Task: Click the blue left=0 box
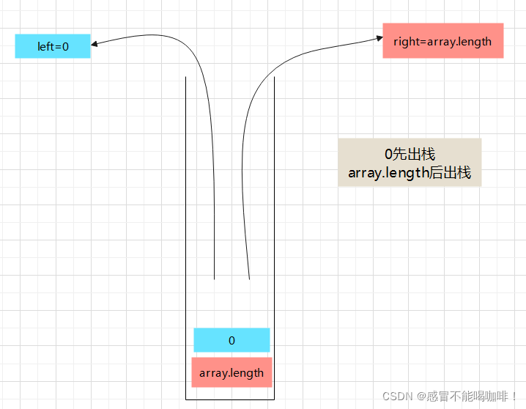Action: click(53, 46)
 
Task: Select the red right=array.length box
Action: click(442, 41)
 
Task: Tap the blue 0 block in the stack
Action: click(231, 340)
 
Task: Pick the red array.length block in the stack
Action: click(231, 372)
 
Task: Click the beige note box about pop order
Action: click(410, 163)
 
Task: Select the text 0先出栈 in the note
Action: click(410, 155)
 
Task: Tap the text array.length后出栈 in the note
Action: click(410, 174)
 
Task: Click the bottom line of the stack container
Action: click(229, 399)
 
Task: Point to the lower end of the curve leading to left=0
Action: click(214, 278)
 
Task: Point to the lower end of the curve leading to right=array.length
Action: click(250, 278)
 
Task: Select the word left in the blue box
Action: click(45, 46)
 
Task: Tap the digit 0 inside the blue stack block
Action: click(231, 340)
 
